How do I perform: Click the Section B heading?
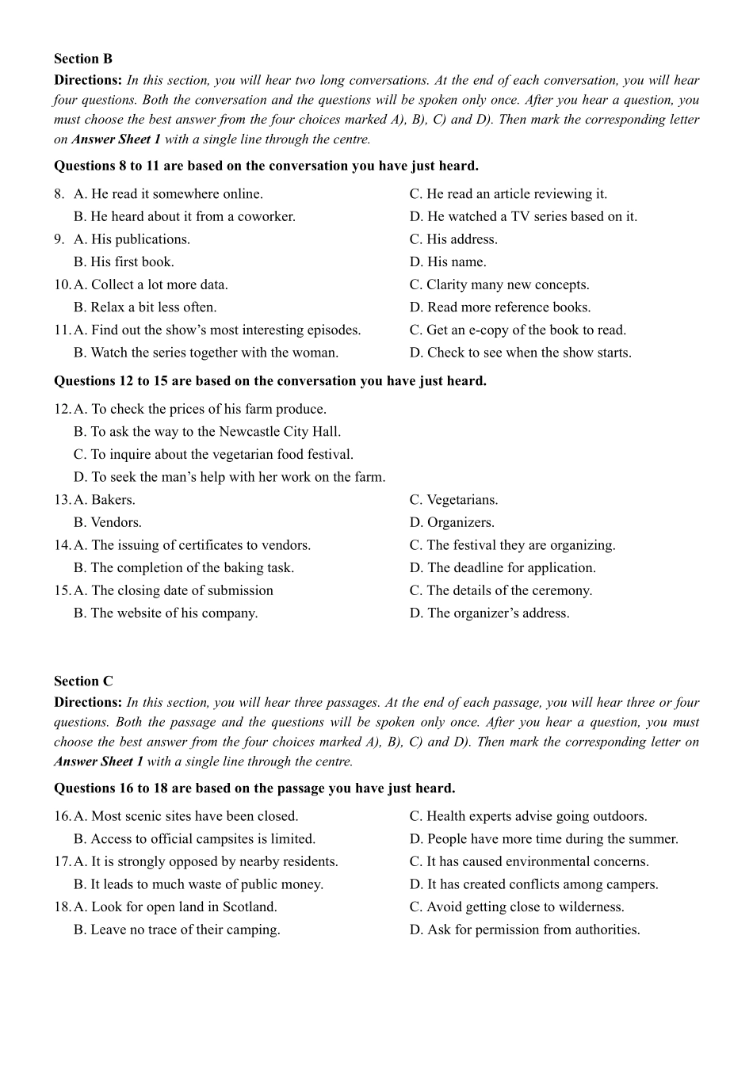coord(83,59)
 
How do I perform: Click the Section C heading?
coord(83,681)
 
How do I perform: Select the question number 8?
coord(59,193)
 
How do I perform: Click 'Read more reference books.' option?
coord(509,307)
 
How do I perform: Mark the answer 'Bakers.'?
coord(113,500)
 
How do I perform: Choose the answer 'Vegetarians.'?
coord(462,500)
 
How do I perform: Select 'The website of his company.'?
coord(174,613)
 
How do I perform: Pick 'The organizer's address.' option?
coord(498,613)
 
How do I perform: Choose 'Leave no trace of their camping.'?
coord(185,929)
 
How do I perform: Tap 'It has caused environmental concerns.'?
coord(537,861)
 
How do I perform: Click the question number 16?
coord(62,816)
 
